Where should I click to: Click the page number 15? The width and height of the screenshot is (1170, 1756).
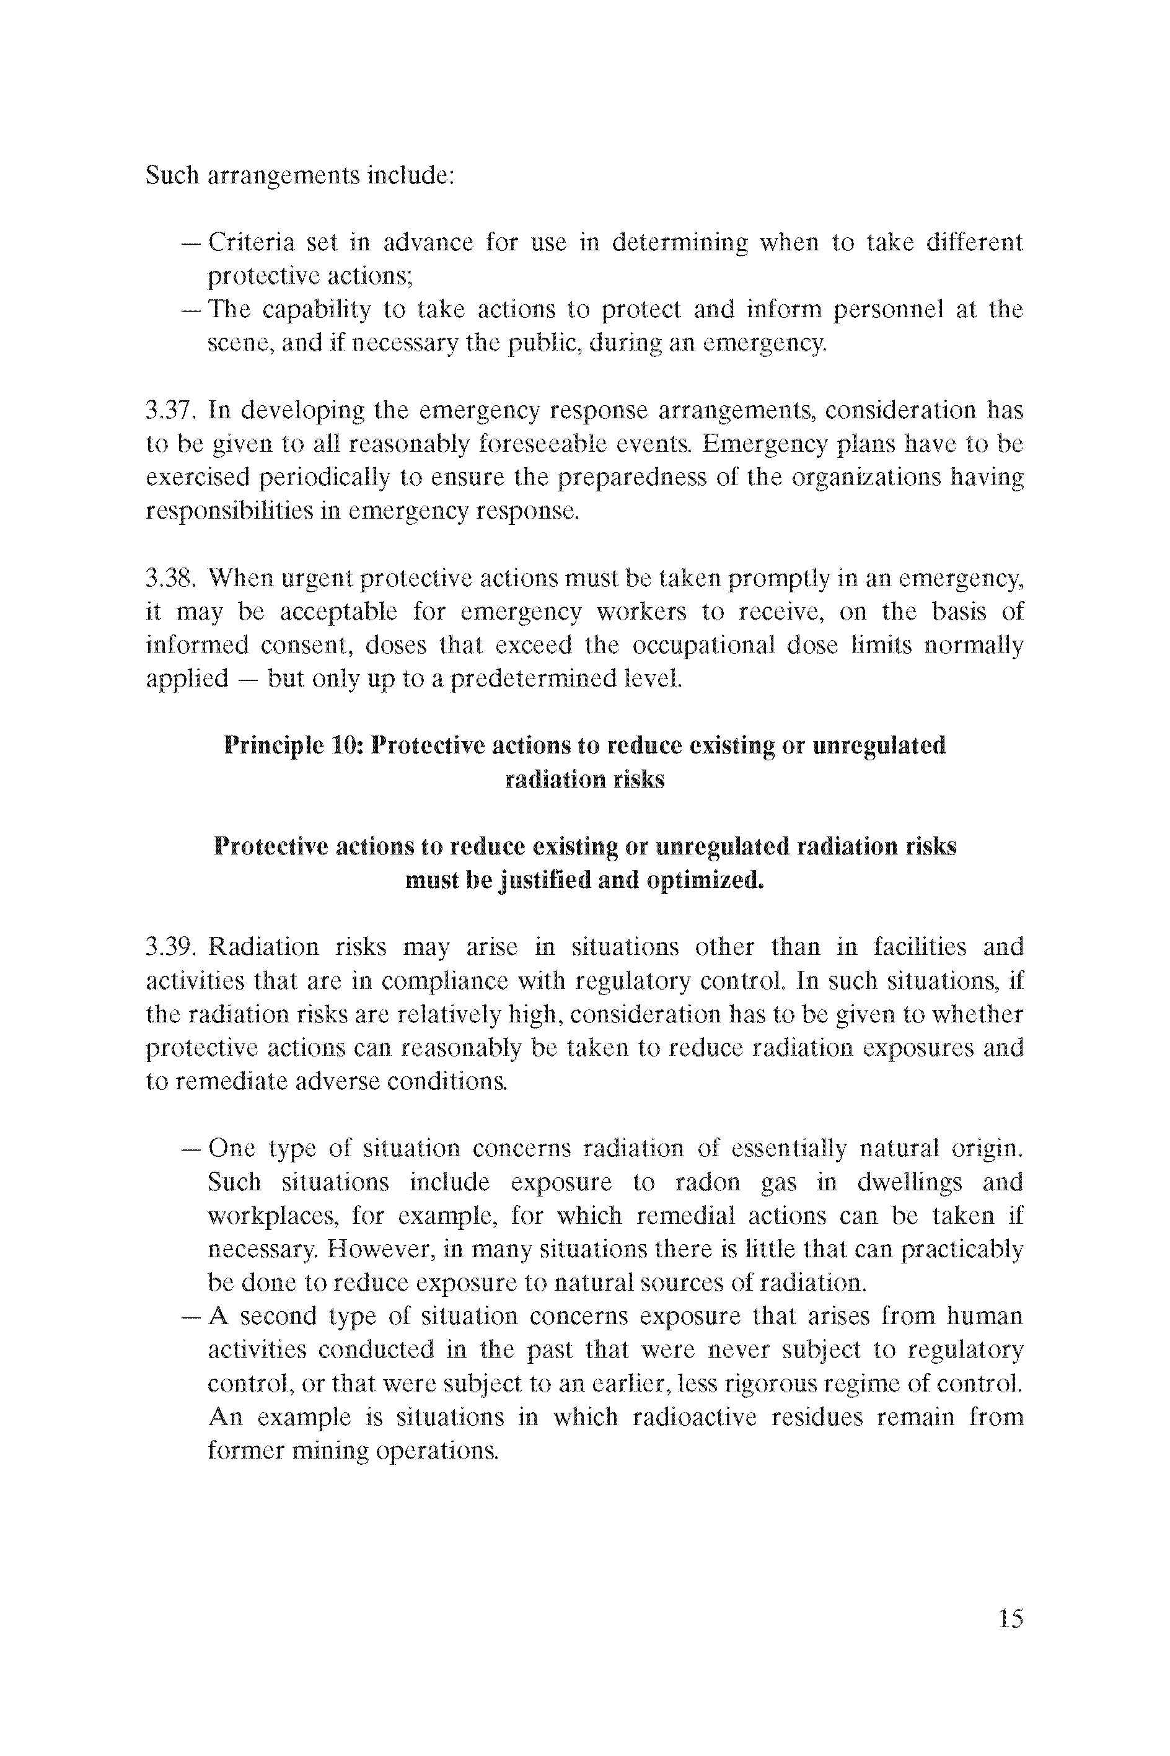click(1010, 1618)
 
